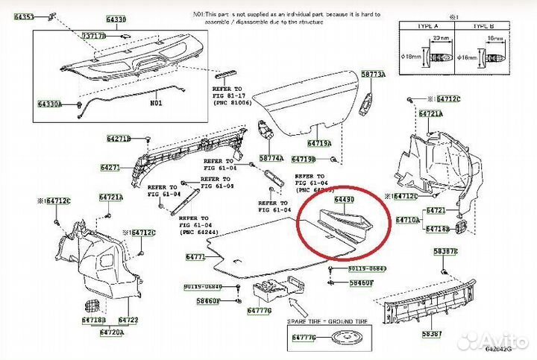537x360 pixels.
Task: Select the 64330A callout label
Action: click(x=51, y=104)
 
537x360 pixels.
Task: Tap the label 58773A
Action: click(x=374, y=75)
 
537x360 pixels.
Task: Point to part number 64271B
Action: click(x=118, y=139)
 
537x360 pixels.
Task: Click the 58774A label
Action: click(x=271, y=158)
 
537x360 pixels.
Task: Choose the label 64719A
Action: click(x=320, y=142)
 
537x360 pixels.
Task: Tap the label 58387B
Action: click(x=446, y=252)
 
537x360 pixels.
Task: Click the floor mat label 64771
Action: click(x=195, y=256)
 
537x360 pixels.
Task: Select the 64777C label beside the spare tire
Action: click(x=302, y=338)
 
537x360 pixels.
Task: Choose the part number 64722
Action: click(x=128, y=320)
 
